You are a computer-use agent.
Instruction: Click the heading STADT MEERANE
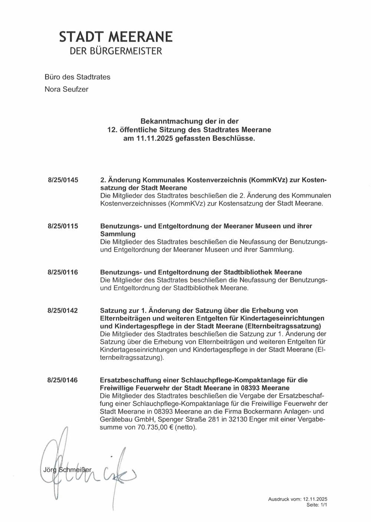(116, 37)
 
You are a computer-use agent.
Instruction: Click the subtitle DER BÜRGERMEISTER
(116, 51)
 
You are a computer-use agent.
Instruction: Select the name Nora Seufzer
(66, 89)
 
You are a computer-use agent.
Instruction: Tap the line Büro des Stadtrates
(77, 77)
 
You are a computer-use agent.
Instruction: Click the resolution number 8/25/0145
(63, 180)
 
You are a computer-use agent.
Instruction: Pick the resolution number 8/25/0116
(63, 272)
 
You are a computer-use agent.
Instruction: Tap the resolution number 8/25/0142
(63, 310)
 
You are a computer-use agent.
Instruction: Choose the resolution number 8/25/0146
(63, 380)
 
